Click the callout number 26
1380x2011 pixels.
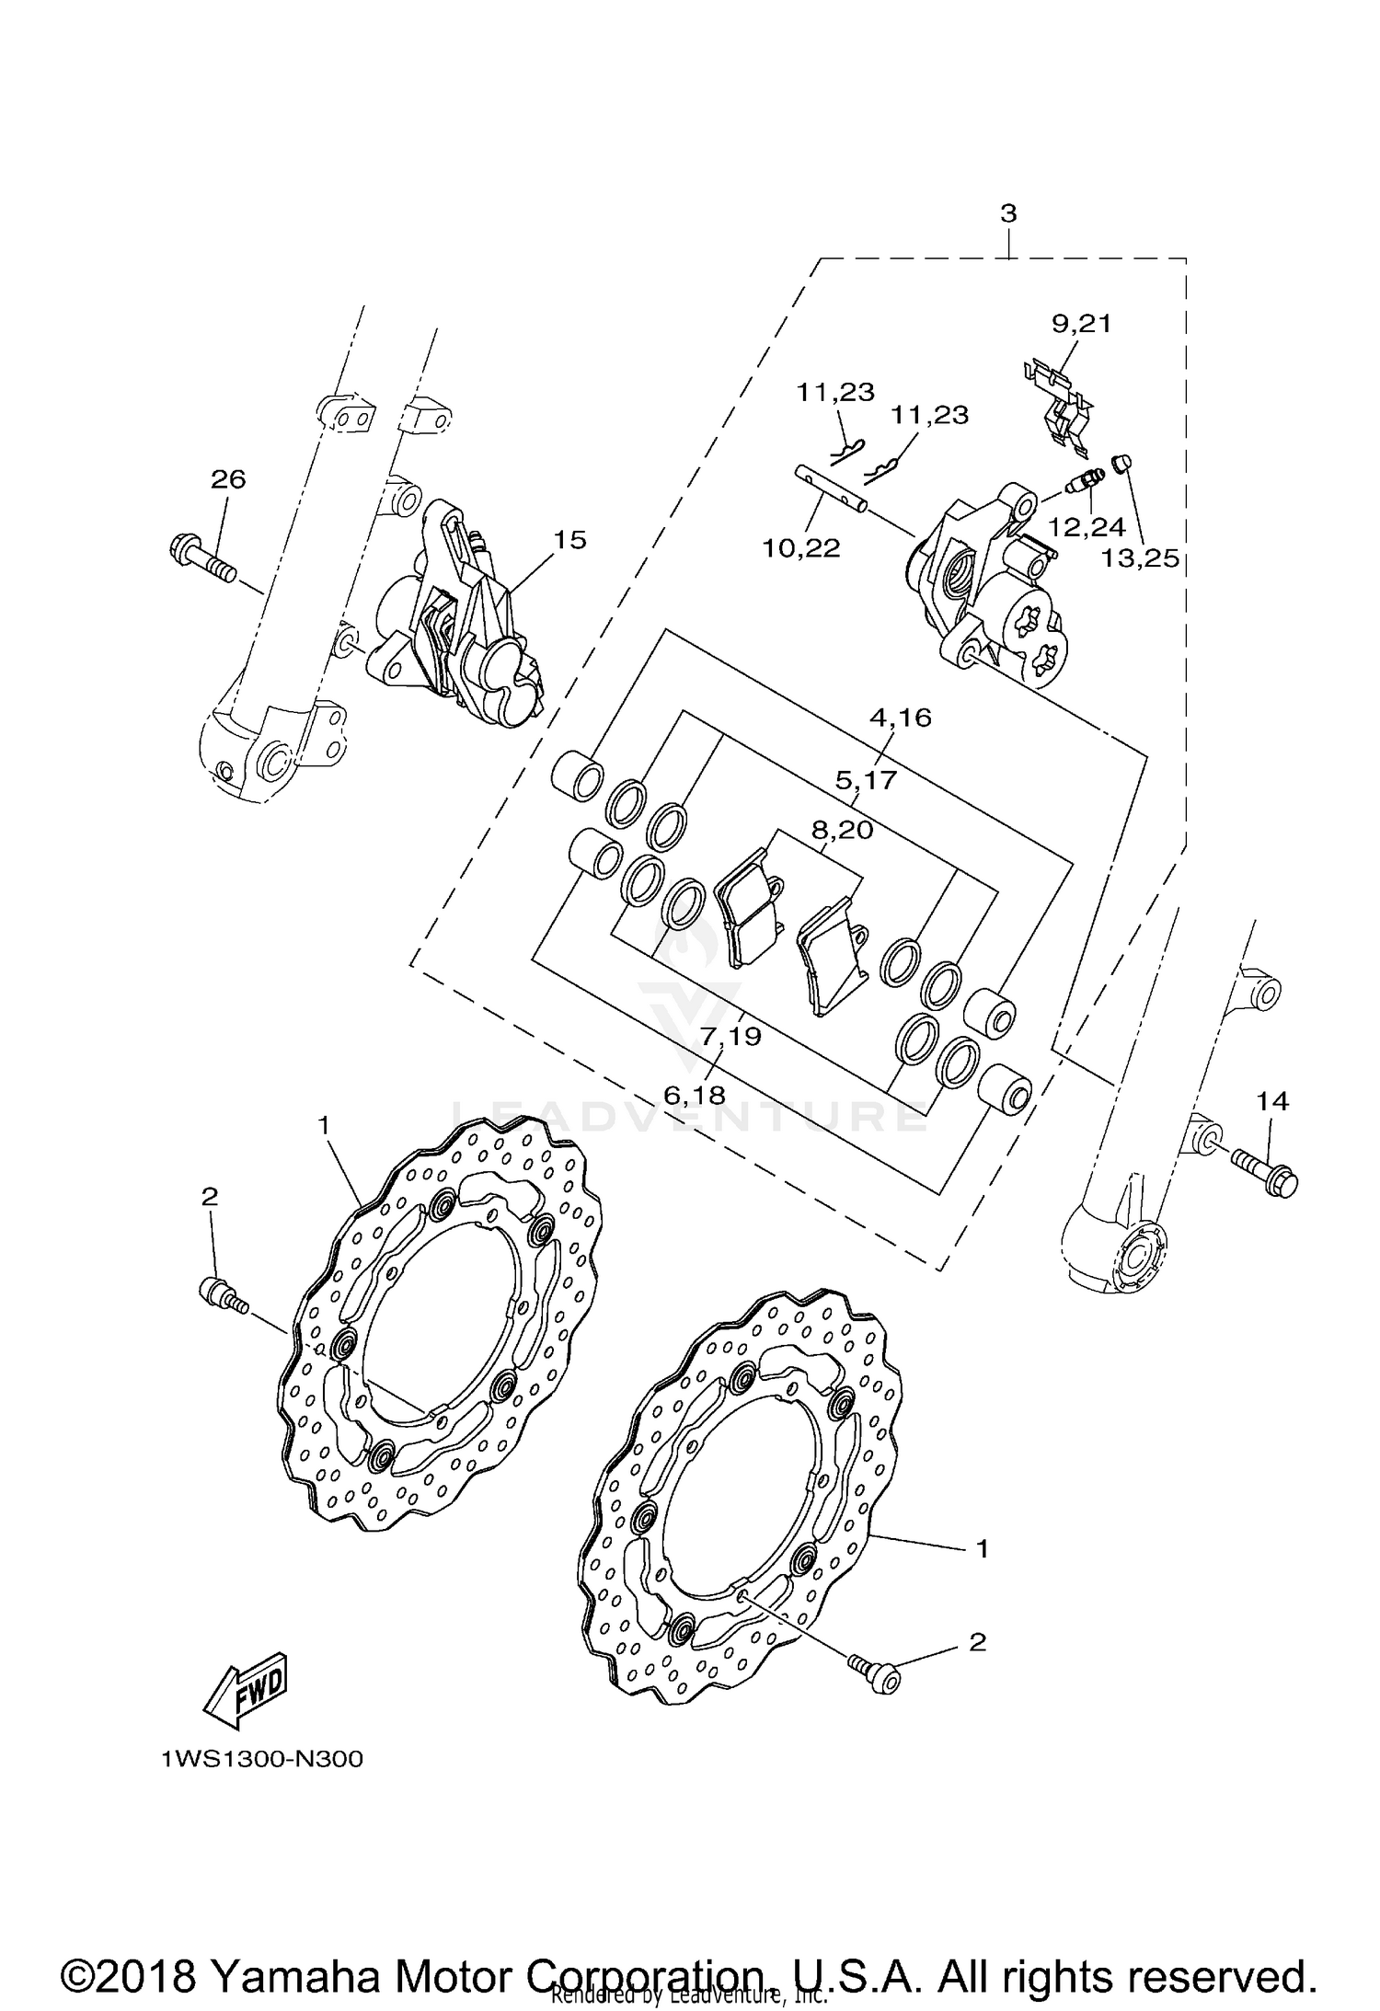[228, 479]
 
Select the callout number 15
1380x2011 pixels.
[569, 539]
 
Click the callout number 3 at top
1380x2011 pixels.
[1008, 213]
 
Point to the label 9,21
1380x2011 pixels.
[1082, 323]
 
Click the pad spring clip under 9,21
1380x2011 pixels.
[1060, 409]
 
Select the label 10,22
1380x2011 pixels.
[800, 548]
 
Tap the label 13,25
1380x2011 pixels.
[1141, 557]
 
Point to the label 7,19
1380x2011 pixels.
[730, 1036]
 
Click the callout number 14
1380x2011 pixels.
[1272, 1101]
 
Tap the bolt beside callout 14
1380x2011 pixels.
[1265, 1170]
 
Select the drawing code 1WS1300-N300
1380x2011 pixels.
[261, 1760]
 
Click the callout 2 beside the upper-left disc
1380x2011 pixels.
[210, 1196]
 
